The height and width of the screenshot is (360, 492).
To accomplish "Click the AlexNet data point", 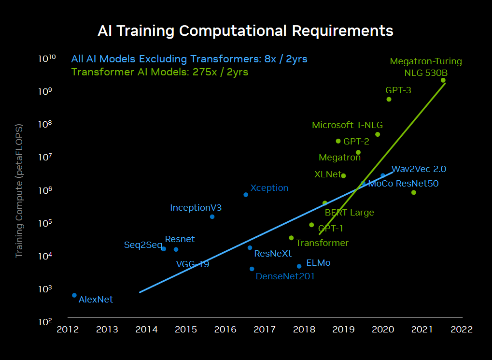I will click(74, 295).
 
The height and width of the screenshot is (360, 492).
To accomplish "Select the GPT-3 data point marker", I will click(389, 99).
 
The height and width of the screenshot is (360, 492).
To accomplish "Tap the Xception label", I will click(269, 188).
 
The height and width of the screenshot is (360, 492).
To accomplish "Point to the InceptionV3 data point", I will click(212, 216).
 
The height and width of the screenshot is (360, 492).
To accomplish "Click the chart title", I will click(245, 31).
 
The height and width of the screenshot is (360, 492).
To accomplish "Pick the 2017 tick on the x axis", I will click(265, 330).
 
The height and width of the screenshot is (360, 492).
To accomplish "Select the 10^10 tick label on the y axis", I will click(47, 58).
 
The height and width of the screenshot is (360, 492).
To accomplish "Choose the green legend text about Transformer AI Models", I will click(159, 72).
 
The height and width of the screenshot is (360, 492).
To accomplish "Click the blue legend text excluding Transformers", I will click(189, 59).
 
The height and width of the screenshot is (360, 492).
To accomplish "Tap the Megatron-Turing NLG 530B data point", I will click(443, 80).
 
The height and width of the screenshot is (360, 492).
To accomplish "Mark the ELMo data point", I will click(299, 266).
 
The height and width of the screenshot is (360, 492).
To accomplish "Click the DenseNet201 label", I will click(285, 276).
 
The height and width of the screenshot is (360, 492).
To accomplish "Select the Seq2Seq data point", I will click(164, 249).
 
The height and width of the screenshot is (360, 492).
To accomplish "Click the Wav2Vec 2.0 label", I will click(419, 169).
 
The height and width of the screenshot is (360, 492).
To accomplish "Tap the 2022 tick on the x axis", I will click(461, 330).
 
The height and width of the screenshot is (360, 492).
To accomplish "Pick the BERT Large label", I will click(349, 212).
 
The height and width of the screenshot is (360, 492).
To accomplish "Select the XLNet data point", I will click(343, 176).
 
